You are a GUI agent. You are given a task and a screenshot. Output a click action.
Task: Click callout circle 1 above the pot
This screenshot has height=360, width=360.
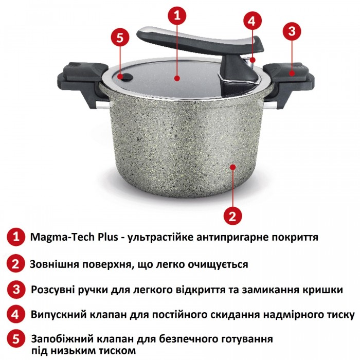tap(177, 15)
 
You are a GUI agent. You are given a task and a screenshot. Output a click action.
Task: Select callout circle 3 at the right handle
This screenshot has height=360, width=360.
tap(292, 31)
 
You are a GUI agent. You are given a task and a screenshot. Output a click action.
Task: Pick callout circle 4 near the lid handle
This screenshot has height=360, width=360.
tap(251, 22)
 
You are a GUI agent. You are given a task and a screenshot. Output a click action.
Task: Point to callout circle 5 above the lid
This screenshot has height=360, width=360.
tap(120, 38)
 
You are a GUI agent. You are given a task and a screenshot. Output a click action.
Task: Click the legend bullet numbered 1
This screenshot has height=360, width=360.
tap(16, 237)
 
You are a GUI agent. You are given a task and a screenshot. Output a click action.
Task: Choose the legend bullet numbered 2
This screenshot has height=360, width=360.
tap(15, 264)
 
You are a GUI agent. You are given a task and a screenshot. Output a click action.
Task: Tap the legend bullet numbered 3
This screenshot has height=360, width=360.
tap(16, 289)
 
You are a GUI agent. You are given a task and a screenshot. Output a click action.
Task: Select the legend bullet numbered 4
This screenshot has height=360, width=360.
tap(15, 314)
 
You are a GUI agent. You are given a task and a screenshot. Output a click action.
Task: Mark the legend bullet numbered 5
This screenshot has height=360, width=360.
tap(15, 339)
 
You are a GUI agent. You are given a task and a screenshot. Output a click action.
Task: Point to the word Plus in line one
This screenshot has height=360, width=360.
tap(108, 237)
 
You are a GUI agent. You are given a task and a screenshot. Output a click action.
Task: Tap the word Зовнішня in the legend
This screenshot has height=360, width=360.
tap(55, 264)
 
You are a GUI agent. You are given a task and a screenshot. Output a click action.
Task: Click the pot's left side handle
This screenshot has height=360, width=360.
tap(82, 83)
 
